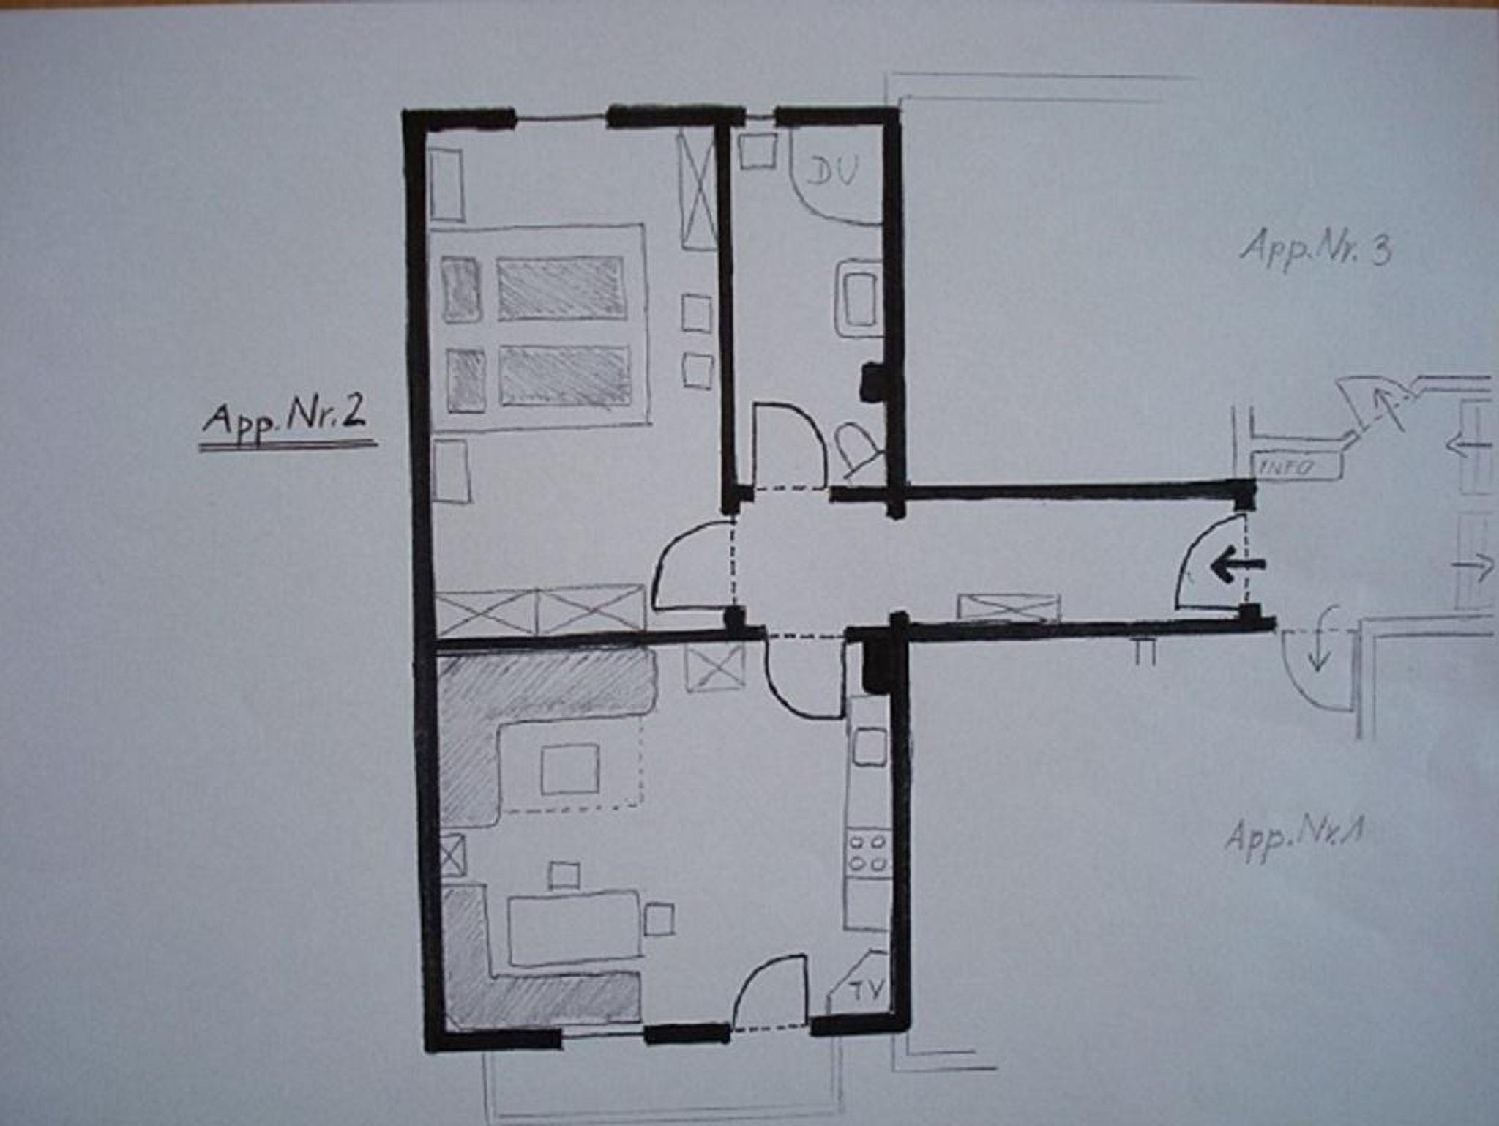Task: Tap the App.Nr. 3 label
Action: [x=1315, y=247]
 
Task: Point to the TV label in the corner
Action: [x=867, y=988]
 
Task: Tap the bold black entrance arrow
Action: [x=1237, y=566]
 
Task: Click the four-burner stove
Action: [x=868, y=853]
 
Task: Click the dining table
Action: [x=575, y=928]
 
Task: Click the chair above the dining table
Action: [x=564, y=875]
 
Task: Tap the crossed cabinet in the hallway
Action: [x=1009, y=608]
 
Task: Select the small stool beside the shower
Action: [x=757, y=151]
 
